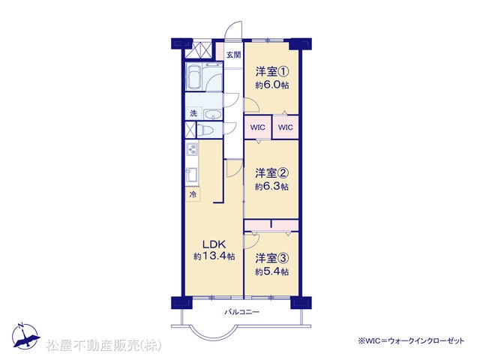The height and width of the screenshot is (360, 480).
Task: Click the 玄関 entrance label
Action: coord(233,55)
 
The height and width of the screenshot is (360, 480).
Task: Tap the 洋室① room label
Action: coord(272,72)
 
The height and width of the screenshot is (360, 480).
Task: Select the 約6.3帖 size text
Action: coord(271,187)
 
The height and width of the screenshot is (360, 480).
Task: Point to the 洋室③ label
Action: coord(272,258)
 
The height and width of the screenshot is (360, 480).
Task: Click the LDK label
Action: coord(214,244)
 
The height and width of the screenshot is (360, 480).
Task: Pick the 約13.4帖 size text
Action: coord(214,256)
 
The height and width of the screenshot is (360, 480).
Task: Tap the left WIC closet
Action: coord(257,127)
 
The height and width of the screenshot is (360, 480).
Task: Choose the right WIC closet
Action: coord(285,127)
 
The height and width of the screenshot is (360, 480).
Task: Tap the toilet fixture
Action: coord(204,130)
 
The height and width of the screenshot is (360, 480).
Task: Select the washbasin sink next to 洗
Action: coord(213,115)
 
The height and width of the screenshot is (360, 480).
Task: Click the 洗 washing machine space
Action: coord(193,113)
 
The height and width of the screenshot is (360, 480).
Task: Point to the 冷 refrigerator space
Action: coord(193,194)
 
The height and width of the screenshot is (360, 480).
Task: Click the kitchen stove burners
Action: coord(192,150)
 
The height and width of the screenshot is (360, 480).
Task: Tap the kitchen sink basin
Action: coord(192,175)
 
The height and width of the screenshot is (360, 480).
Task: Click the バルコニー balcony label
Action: coord(242,312)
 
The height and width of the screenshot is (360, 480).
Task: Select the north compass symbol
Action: coord(25,336)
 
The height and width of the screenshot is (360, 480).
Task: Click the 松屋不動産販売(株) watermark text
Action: coord(103,346)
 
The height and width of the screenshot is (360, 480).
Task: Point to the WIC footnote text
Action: coord(411,340)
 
